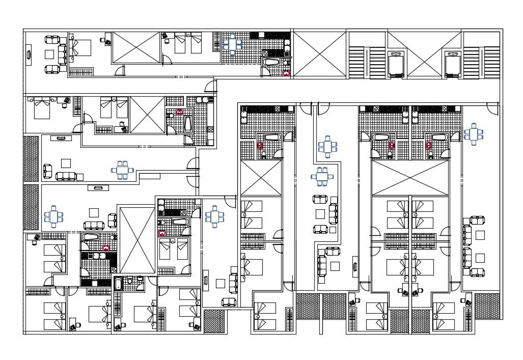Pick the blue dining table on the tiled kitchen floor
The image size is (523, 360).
point(232,44)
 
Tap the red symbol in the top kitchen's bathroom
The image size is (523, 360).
point(286,73)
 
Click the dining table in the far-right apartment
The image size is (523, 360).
point(473,134)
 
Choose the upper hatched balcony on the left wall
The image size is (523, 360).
point(32,158)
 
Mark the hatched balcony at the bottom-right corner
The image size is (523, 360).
point(487,306)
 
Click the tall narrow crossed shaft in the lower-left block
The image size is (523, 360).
point(136,240)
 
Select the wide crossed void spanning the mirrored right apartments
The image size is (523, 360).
point(410,177)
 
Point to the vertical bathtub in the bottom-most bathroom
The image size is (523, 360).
point(119,284)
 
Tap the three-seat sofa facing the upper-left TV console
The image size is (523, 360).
point(66,176)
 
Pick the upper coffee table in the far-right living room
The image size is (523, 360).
point(480,235)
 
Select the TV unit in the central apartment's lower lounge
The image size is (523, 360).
point(355,267)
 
